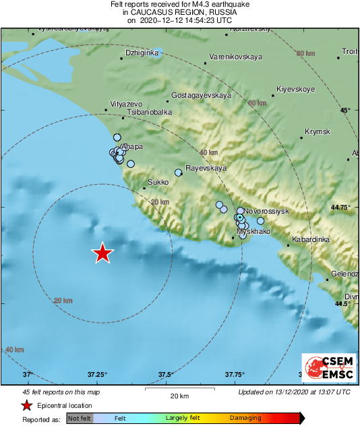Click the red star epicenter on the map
coord(102,253)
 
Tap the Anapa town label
coord(131,147)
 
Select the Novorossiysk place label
coord(266,211)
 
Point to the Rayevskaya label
coord(206,168)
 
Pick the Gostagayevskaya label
coord(202,96)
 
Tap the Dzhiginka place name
coord(142,53)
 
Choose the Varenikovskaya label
coord(235,57)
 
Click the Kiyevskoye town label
coord(297,89)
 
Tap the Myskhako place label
coord(253,231)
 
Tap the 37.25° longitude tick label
coord(98,374)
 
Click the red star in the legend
coord(26,405)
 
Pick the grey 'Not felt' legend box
coord(80,419)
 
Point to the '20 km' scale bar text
coord(179,395)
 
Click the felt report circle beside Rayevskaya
coord(179,173)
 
